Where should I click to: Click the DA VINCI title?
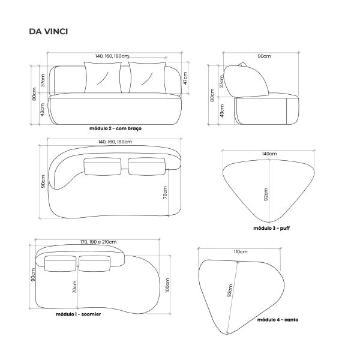pyautogui.click(x=49, y=31)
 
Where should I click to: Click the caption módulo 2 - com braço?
pyautogui.click(x=115, y=128)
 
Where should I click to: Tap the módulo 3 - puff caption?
pyautogui.click(x=271, y=228)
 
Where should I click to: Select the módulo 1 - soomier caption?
pyautogui.click(x=78, y=314)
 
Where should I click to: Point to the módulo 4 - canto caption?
pyautogui.click(x=278, y=320)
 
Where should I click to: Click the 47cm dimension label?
pyautogui.click(x=185, y=78)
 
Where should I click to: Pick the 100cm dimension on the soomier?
pyautogui.click(x=167, y=286)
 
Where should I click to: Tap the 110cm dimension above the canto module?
pyautogui.click(x=241, y=252)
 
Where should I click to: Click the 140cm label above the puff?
pyautogui.click(x=269, y=154)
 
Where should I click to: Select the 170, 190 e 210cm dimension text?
pyautogui.click(x=98, y=242)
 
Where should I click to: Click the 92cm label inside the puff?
pyautogui.click(x=266, y=194)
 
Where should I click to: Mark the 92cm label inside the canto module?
pyautogui.click(x=230, y=290)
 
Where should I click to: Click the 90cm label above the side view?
pyautogui.click(x=264, y=56)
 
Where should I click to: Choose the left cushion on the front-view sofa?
pyautogui.click(x=103, y=77)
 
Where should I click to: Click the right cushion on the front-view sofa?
pyautogui.click(x=147, y=77)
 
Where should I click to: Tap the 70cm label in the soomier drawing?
pyautogui.click(x=74, y=287)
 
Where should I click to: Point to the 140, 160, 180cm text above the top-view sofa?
pyautogui.click(x=115, y=142)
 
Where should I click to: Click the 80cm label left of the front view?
pyautogui.click(x=34, y=94)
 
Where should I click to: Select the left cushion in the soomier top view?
pyautogui.click(x=61, y=263)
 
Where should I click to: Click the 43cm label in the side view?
pyautogui.click(x=222, y=110)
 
